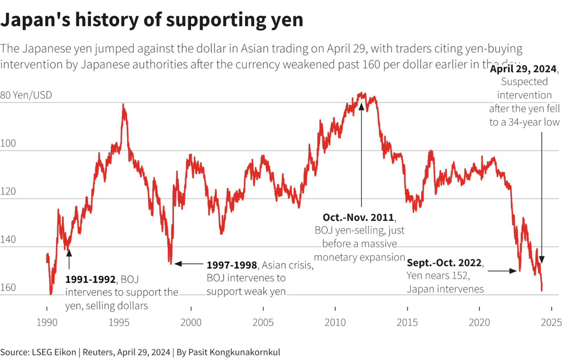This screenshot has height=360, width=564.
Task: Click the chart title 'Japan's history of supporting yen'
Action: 152,21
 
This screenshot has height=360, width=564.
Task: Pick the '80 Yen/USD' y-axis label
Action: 27,95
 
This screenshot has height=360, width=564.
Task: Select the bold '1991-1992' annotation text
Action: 90,280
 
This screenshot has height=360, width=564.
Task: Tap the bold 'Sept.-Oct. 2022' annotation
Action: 445,262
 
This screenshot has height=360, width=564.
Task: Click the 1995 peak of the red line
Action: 124,105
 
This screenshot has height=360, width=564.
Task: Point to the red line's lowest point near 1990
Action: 51,294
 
